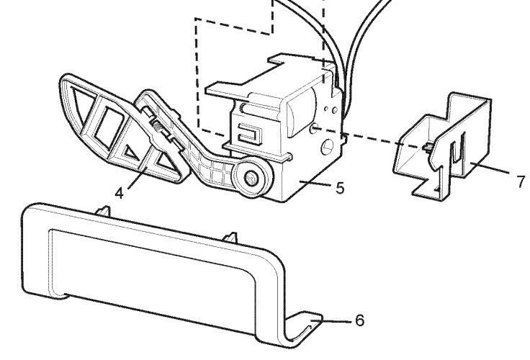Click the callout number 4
(x=120, y=194)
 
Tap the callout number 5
(x=340, y=188)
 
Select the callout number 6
(x=360, y=320)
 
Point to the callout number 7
(x=521, y=181)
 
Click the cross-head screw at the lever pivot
(x=251, y=177)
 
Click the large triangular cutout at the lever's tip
(x=81, y=102)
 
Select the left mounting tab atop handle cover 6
(x=104, y=210)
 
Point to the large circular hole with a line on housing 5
(x=327, y=146)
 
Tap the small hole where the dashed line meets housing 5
(x=315, y=127)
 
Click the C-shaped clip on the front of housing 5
(x=250, y=133)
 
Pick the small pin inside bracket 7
(x=428, y=146)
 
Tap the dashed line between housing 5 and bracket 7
(x=369, y=138)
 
